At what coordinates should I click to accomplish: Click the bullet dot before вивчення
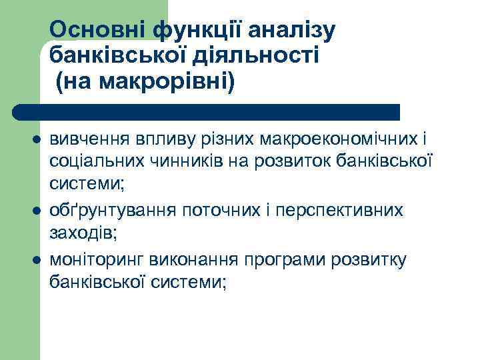coord(36,140)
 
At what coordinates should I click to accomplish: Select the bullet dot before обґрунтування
coord(36,210)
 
